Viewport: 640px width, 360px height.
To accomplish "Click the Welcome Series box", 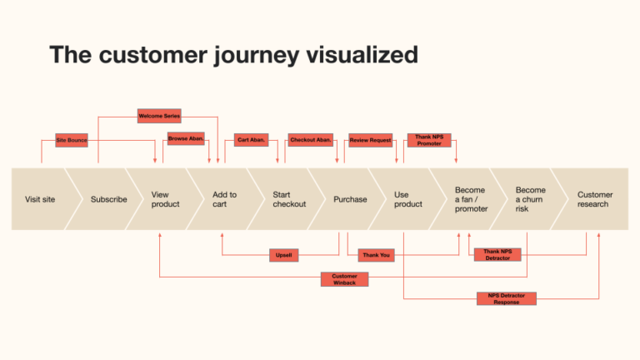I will click(x=158, y=116).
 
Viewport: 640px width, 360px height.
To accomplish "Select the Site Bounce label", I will click(x=72, y=140).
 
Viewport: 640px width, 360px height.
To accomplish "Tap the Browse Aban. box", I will click(x=186, y=138).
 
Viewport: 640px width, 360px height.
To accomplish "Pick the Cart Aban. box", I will click(x=252, y=140).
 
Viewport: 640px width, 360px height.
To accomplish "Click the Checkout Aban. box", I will click(x=311, y=140).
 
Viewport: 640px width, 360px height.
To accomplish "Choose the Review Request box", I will click(x=371, y=140).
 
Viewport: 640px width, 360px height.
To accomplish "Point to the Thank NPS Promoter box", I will click(x=429, y=140).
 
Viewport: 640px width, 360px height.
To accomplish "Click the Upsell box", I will click(x=284, y=255).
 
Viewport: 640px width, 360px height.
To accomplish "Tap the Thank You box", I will click(x=376, y=255).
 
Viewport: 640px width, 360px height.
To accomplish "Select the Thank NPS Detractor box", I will click(x=497, y=254).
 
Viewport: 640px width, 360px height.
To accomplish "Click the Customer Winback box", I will click(x=344, y=279).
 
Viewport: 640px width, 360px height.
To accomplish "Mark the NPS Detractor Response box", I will click(x=506, y=298).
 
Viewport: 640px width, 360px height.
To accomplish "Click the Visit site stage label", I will click(x=40, y=199).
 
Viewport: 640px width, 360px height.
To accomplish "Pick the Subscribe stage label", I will click(x=109, y=199).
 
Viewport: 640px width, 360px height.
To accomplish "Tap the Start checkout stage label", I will click(x=289, y=199).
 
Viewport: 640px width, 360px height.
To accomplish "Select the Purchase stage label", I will click(x=350, y=199).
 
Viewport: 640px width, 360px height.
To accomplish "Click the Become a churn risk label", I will click(x=531, y=199).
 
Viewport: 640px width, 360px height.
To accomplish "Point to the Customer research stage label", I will click(x=595, y=199).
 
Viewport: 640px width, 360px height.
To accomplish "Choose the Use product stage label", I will click(x=408, y=199).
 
